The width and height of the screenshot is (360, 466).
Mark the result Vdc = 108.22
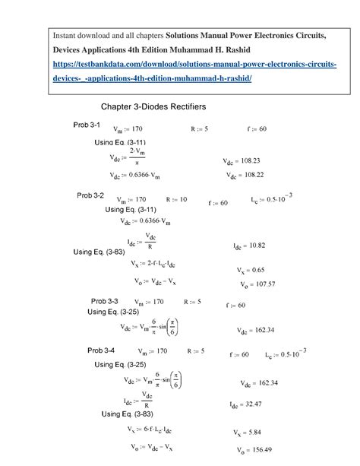[245, 175]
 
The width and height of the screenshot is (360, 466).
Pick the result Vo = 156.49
[254, 449]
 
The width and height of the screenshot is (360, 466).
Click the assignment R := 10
[176, 198]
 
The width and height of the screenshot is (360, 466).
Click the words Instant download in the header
[81, 36]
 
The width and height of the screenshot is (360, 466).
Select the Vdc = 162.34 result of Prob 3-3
[256, 331]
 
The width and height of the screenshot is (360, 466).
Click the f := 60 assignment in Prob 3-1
[257, 128]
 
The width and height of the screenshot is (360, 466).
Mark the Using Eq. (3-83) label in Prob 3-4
[128, 414]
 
